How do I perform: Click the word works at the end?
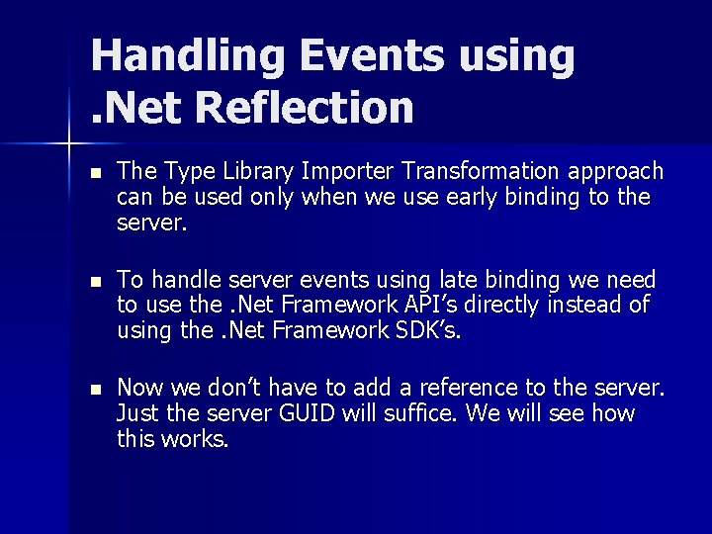click(x=197, y=438)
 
